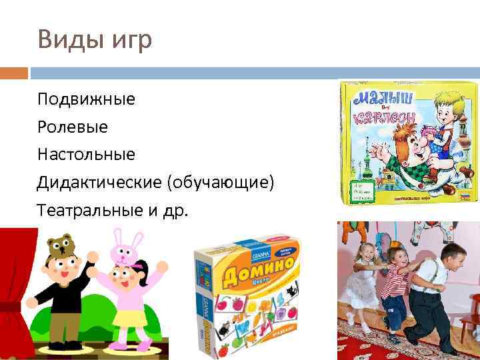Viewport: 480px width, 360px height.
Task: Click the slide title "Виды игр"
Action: click(95, 39)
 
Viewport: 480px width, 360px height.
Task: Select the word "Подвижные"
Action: click(86, 99)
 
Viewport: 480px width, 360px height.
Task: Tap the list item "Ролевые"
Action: click(72, 127)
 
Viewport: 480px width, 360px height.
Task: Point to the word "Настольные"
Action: click(86, 154)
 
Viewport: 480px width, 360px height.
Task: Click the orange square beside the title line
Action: click(13, 73)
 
